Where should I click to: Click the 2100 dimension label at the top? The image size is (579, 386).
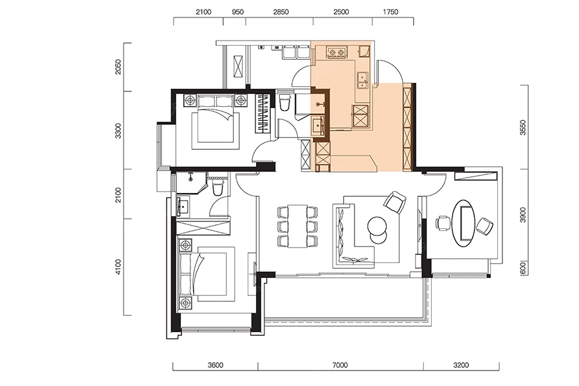pyautogui.click(x=203, y=12)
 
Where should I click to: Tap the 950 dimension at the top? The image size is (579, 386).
pyautogui.click(x=237, y=12)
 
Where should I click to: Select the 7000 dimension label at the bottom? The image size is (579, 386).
pyautogui.click(x=340, y=365)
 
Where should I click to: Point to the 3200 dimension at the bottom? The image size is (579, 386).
pyautogui.click(x=461, y=365)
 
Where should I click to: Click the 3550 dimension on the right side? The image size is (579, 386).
pyautogui.click(x=522, y=127)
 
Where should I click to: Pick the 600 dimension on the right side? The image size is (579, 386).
pyautogui.click(x=522, y=268)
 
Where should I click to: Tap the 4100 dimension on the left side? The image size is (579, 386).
pyautogui.click(x=118, y=267)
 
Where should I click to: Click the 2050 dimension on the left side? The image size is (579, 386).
pyautogui.click(x=118, y=67)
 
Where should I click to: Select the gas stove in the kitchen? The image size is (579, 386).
pyautogui.click(x=337, y=53)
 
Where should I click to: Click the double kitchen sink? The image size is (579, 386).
pyautogui.click(x=362, y=80)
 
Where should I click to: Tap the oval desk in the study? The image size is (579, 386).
pyautogui.click(x=464, y=223)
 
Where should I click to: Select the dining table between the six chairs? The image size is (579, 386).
pyautogui.click(x=298, y=226)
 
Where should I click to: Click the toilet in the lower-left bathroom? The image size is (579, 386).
pyautogui.click(x=218, y=187)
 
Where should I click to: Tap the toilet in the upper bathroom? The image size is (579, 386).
pyautogui.click(x=285, y=102)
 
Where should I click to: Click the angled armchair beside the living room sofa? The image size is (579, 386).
pyautogui.click(x=395, y=202)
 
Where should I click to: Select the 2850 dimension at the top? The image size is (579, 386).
pyautogui.click(x=280, y=12)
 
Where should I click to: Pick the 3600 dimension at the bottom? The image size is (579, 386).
pyautogui.click(x=216, y=365)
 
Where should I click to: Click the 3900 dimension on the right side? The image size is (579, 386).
pyautogui.click(x=522, y=215)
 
